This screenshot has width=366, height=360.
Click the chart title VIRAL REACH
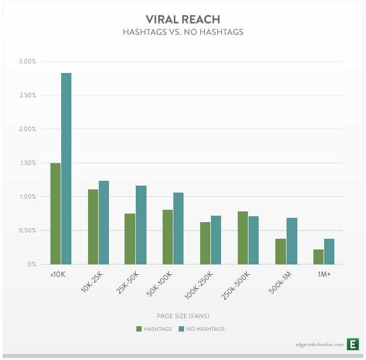click(x=182, y=19)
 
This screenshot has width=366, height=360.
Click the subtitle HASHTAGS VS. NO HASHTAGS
click(x=182, y=32)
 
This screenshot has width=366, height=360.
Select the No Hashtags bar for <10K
click(x=66, y=168)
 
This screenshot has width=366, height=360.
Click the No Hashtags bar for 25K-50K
click(x=141, y=225)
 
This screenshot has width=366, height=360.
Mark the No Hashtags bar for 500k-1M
click(x=291, y=241)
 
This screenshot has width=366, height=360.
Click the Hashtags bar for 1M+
click(x=318, y=257)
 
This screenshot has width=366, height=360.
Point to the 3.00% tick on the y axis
click(x=27, y=62)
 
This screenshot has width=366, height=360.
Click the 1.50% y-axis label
click(x=27, y=163)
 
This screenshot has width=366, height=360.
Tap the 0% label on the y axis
click(x=32, y=265)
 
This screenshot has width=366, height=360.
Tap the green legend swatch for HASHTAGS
click(x=140, y=328)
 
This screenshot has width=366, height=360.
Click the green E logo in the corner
click(x=353, y=344)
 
